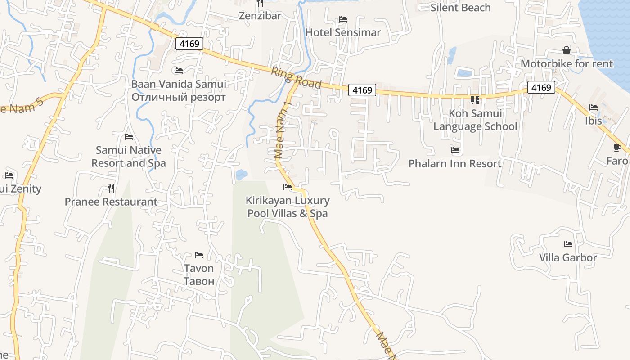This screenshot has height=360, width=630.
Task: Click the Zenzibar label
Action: click(x=260, y=16)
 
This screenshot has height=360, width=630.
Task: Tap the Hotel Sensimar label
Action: click(x=343, y=32)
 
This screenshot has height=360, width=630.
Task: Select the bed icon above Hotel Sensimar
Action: click(x=343, y=19)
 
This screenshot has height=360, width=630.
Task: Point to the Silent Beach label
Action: click(x=460, y=8)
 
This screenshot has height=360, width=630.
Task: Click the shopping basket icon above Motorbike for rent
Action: click(x=567, y=50)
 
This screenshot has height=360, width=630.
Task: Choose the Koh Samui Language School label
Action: click(x=475, y=120)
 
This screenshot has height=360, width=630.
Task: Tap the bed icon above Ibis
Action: click(x=594, y=108)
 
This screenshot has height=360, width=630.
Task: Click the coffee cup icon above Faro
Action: click(x=617, y=148)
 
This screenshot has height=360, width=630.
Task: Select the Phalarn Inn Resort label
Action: click(x=454, y=163)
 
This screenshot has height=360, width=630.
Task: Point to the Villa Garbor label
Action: click(x=568, y=258)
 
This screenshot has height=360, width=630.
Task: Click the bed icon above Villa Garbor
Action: click(x=568, y=244)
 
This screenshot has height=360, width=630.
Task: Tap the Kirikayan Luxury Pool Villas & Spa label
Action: click(x=288, y=207)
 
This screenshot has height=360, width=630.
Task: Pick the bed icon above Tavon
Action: click(x=199, y=255)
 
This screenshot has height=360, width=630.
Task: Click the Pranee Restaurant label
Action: click(x=111, y=202)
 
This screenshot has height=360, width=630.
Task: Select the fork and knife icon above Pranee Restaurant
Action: click(x=111, y=188)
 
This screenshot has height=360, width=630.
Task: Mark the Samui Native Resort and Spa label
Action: click(x=129, y=157)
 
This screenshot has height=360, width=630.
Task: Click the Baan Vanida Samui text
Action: click(x=179, y=84)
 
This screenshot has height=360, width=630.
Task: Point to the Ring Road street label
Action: click(x=296, y=78)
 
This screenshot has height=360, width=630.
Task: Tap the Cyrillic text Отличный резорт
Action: click(x=179, y=97)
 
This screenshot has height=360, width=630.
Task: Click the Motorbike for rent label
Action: click(x=567, y=64)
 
